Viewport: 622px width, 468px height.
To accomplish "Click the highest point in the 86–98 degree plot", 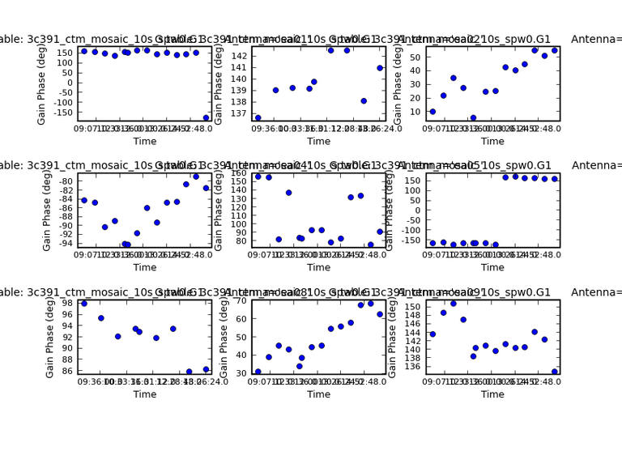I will pyautogui.click(x=84, y=304).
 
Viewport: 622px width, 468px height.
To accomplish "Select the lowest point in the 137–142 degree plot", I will pyautogui.click(x=258, y=117).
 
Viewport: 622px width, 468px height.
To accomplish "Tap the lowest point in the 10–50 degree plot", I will pyautogui.click(x=473, y=118).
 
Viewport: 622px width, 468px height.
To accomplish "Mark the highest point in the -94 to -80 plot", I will pyautogui.click(x=196, y=177).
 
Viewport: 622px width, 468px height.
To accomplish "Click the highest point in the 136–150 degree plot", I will pyautogui.click(x=453, y=304).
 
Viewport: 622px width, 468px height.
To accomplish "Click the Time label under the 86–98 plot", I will pyautogui.click(x=145, y=394).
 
